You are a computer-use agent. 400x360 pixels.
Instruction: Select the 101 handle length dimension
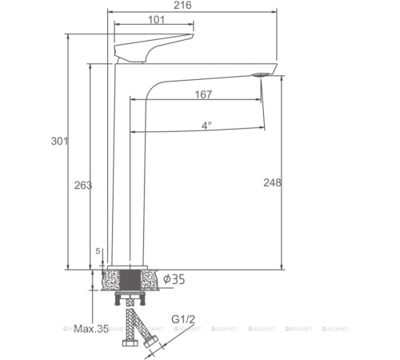(x=156, y=20)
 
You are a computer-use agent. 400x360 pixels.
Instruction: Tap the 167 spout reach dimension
(x=203, y=95)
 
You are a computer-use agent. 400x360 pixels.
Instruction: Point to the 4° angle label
(x=206, y=126)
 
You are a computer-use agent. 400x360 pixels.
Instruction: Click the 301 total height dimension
(x=58, y=142)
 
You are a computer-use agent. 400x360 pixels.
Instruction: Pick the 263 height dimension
(x=83, y=185)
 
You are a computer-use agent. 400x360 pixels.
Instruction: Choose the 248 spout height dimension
(x=272, y=182)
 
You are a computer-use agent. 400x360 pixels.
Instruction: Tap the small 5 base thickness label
(x=98, y=251)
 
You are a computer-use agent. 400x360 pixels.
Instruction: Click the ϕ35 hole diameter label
(x=174, y=279)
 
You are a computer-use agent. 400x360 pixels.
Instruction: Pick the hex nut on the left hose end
(x=127, y=345)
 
